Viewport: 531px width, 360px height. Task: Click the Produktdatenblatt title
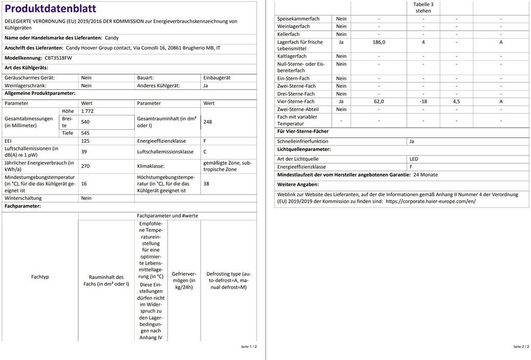tap(50, 9)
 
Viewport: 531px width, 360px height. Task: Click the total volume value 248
tap(207, 122)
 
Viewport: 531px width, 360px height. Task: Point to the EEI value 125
tap(85, 141)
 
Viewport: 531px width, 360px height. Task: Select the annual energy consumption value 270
tap(86, 166)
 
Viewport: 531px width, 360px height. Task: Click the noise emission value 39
tap(84, 151)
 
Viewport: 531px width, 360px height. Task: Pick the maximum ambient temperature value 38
tap(206, 184)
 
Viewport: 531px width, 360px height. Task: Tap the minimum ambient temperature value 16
tap(84, 184)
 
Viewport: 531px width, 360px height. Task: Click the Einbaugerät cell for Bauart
tap(217, 78)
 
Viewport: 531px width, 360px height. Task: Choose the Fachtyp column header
tap(40, 277)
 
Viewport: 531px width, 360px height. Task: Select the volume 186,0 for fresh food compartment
tap(379, 42)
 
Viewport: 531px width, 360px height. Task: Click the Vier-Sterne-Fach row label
tap(296, 102)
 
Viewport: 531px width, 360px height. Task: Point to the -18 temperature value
tap(423, 102)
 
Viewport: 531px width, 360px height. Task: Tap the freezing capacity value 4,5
tap(456, 102)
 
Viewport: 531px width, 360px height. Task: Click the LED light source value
tap(414, 159)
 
